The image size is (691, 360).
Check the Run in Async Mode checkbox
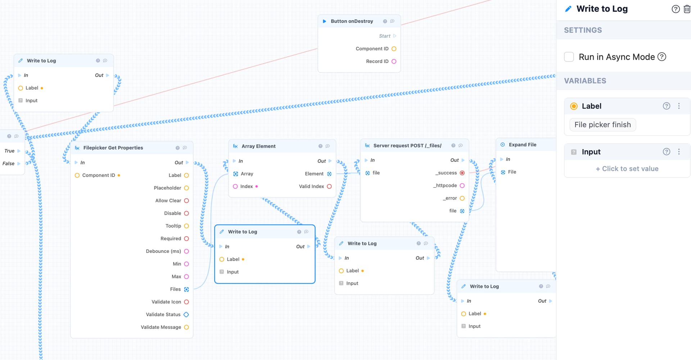click(x=569, y=57)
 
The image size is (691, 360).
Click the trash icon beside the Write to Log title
click(x=687, y=9)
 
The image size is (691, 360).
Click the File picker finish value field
click(x=602, y=125)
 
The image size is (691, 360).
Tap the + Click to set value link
click(x=627, y=169)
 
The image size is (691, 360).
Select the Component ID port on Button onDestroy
click(x=394, y=49)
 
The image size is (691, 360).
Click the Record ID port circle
click(x=394, y=61)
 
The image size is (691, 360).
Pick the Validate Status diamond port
click(x=186, y=315)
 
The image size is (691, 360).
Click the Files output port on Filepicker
click(x=186, y=290)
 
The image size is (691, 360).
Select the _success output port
click(x=462, y=173)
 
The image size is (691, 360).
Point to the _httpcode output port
click(x=462, y=186)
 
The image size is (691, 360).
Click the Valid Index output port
click(x=329, y=186)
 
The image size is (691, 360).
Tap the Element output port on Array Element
click(x=329, y=174)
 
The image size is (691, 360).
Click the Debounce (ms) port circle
click(x=186, y=251)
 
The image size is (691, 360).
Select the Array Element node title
click(x=258, y=146)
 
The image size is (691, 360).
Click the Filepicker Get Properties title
click(x=113, y=148)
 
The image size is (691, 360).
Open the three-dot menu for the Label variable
click(x=679, y=106)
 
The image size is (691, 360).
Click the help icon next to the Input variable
click(x=667, y=152)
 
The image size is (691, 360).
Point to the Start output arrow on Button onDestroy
click(x=394, y=36)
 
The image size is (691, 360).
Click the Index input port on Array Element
click(x=235, y=186)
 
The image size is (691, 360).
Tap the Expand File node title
click(x=523, y=145)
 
